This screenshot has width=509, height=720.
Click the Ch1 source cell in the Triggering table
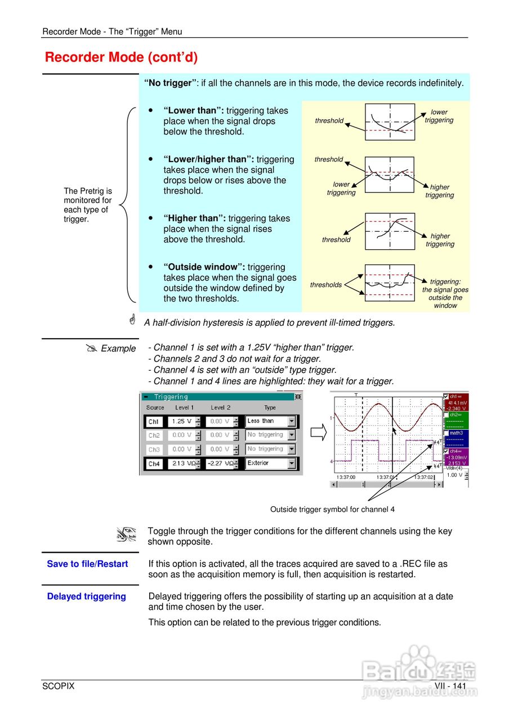coord(154,421)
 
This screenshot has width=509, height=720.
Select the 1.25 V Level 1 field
coord(182,421)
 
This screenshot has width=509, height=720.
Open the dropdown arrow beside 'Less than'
coord(291,421)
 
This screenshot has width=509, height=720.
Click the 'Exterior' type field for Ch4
coord(266,463)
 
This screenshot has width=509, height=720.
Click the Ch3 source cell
coord(154,449)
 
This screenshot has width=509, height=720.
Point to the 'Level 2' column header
coord(220,407)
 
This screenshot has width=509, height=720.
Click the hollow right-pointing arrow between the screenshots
coord(319,434)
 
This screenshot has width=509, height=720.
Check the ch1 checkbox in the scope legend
coord(446,396)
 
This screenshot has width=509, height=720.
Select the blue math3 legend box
coord(457,439)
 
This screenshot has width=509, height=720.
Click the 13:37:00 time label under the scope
coord(346,477)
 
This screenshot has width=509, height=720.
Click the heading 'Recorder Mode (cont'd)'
coord(121,57)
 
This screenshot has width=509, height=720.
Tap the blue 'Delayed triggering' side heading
coord(86,596)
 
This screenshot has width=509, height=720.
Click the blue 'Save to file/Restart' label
coord(87,564)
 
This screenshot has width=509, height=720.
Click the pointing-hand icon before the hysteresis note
coord(132,320)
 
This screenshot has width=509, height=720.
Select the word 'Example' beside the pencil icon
coord(118,349)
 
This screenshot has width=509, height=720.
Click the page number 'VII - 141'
coord(450,686)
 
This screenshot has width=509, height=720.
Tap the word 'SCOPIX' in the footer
coord(58,686)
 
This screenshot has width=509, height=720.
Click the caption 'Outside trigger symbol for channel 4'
coord(332,510)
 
